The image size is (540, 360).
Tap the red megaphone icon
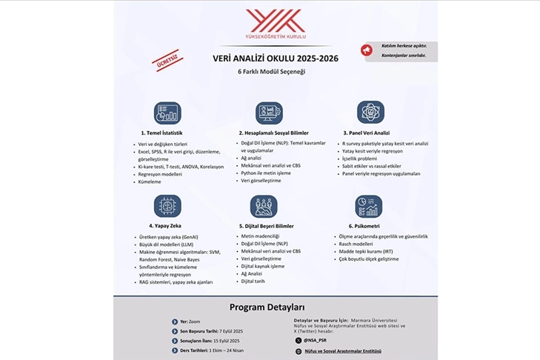365,50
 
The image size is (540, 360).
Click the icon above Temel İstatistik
167,113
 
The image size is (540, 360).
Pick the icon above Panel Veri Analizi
370,113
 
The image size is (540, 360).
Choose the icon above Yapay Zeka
167,205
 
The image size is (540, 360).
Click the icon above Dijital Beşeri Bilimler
264,206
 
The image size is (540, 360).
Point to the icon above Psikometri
368,206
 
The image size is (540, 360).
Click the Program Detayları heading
267,307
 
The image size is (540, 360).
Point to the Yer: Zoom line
190,322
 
